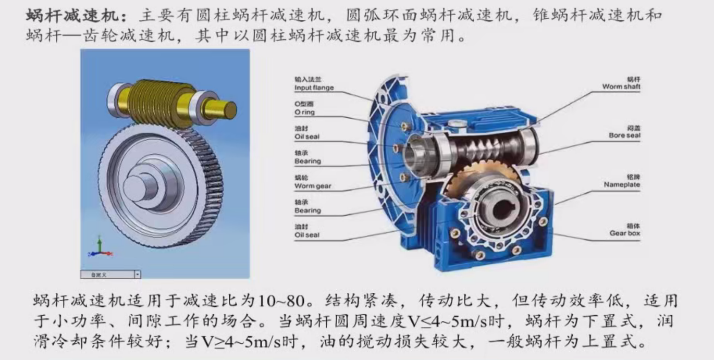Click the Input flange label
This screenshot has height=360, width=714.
(x=314, y=88)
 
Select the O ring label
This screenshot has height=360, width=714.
(x=304, y=112)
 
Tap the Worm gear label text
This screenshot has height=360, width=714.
(x=313, y=186)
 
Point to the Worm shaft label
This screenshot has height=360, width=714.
(x=621, y=86)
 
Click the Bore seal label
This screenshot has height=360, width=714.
(x=624, y=135)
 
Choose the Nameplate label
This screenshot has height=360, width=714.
(x=622, y=184)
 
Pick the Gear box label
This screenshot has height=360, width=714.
(x=624, y=233)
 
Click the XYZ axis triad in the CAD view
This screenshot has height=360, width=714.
(x=100, y=247)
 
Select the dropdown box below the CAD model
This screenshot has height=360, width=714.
(x=110, y=275)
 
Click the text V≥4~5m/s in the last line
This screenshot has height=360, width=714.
(x=242, y=342)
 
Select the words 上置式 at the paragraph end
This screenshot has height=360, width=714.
(x=609, y=342)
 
